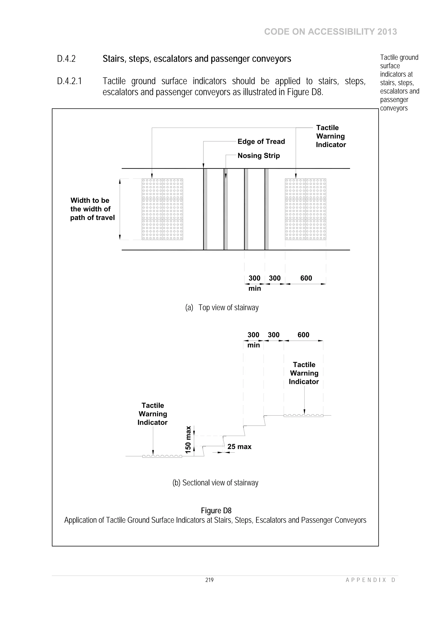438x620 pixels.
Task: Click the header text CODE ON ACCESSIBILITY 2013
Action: click(330, 32)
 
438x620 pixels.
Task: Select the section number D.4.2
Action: click(66, 59)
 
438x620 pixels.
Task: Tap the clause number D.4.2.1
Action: click(69, 81)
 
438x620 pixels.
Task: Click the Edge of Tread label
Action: click(261, 141)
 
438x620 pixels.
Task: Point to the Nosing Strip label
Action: click(259, 156)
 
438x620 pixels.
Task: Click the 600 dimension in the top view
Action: click(306, 278)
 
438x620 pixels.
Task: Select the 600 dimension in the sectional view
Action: click(303, 335)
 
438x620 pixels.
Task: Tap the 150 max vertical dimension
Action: click(188, 440)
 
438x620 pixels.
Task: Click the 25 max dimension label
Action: click(239, 447)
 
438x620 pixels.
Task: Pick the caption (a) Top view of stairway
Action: click(222, 308)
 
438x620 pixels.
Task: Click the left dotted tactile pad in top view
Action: click(163, 209)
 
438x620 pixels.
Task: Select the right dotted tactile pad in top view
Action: click(305, 209)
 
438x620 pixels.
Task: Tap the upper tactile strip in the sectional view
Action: click(303, 416)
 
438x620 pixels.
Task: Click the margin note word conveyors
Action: click(394, 108)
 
